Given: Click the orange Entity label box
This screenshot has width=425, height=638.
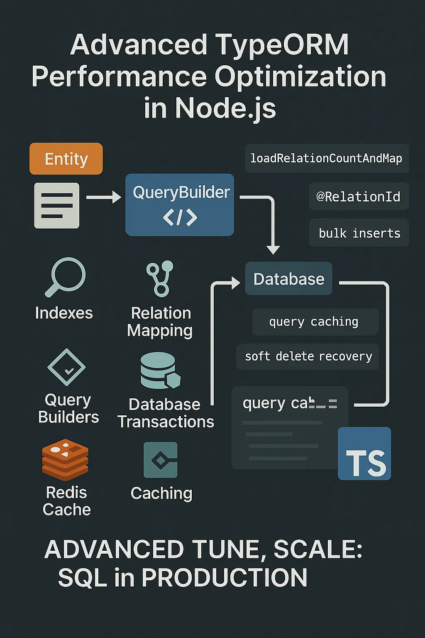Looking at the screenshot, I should click(66, 159).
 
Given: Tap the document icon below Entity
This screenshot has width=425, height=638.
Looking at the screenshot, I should click(57, 206).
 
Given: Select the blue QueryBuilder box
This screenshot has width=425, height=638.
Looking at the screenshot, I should click(180, 205).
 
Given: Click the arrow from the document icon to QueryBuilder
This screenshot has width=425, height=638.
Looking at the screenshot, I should click(103, 197).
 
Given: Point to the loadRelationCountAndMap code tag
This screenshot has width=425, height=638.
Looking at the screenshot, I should click(327, 158).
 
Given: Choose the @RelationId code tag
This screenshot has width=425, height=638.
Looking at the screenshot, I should click(359, 196).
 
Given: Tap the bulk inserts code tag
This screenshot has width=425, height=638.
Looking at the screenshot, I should click(359, 233).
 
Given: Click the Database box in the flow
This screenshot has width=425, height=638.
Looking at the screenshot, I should click(289, 279).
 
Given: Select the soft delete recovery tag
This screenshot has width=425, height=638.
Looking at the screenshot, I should click(308, 356).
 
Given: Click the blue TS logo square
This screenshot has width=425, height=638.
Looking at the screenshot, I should click(364, 454).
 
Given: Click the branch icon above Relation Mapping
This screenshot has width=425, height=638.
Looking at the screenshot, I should click(160, 278).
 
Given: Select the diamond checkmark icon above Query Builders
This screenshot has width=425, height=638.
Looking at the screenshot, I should click(67, 367).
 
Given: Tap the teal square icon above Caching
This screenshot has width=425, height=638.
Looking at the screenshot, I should click(161, 460).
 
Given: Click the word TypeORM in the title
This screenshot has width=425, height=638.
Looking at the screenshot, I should click(282, 44).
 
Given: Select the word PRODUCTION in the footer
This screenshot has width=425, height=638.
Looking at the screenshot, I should click(224, 577).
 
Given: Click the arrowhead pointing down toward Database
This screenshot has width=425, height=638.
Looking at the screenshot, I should click(273, 249).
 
